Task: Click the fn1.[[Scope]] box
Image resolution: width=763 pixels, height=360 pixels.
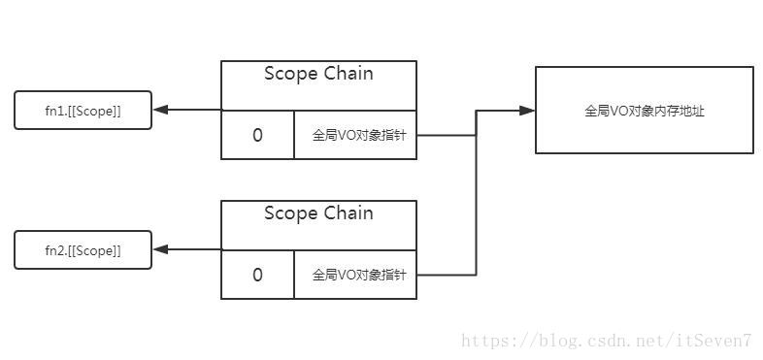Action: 83,111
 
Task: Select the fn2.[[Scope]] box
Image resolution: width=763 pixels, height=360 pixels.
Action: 83,250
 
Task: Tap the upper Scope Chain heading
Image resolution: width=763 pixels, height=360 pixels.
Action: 318,74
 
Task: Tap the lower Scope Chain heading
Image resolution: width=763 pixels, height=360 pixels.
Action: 318,213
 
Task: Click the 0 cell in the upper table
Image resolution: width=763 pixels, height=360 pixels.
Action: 257,135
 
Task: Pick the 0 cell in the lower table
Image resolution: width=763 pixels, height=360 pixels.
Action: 257,275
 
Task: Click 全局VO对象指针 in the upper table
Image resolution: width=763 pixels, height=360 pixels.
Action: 355,135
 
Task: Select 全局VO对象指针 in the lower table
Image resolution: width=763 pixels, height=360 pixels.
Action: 355,275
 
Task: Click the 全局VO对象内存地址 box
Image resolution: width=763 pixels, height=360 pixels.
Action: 644,111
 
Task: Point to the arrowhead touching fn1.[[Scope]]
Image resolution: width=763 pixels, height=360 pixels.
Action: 160,111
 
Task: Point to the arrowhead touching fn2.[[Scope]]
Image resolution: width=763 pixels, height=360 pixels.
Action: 160,250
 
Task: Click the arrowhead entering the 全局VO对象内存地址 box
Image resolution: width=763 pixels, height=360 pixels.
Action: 527,111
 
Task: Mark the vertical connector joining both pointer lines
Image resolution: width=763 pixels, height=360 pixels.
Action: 476,194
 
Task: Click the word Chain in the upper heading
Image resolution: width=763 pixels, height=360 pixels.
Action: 347,74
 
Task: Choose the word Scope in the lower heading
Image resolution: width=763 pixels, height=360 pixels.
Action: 290,213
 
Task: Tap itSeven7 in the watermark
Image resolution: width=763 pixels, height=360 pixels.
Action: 719,341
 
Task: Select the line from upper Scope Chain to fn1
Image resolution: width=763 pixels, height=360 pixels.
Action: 194,111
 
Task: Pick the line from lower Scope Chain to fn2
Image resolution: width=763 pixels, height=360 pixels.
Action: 194,250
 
